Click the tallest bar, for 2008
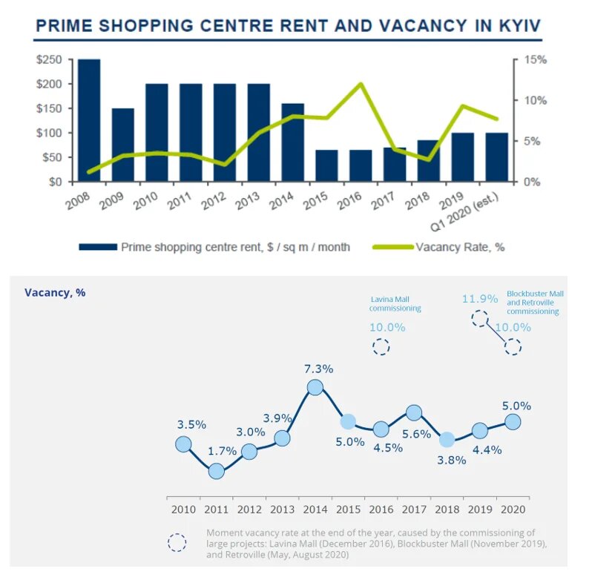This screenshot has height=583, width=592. pos(89,120)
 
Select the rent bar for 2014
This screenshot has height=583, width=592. pos(293,142)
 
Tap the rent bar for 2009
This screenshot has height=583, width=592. pos(123,145)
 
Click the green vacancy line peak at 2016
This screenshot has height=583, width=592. pos(361,84)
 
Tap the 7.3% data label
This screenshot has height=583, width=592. pos(318,369)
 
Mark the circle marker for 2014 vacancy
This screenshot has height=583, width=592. pos(315,387)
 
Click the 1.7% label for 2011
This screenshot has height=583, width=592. pos(223,450)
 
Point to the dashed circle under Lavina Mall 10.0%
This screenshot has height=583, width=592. pos(381,346)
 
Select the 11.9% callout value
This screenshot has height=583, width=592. pos(480,299)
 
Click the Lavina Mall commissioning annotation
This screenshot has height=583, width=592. pos(395,303)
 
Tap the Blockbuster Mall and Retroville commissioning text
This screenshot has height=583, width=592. pos(534,303)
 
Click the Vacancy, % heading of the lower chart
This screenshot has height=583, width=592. pos(55,292)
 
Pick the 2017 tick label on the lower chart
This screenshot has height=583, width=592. pos(414,510)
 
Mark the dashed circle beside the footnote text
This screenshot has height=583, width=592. pos(177,542)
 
